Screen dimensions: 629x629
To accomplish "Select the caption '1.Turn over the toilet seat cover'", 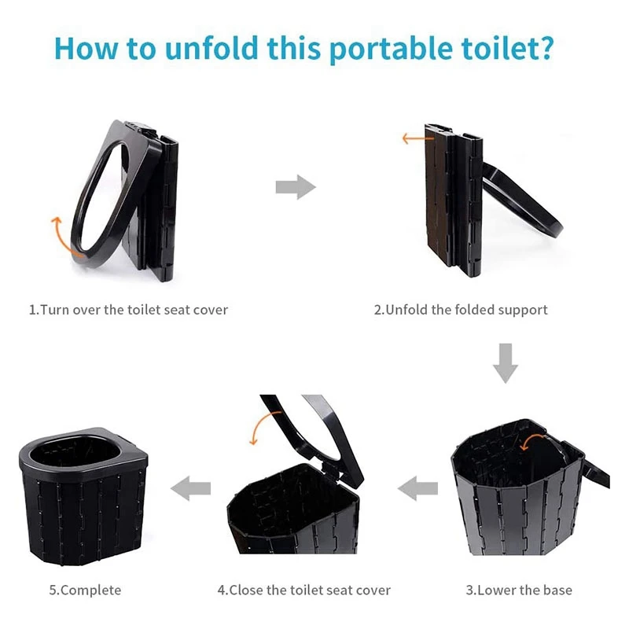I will click(x=128, y=310).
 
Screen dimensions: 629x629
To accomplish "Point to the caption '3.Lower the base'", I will click(x=519, y=590).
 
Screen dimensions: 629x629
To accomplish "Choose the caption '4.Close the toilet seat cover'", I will click(x=304, y=590).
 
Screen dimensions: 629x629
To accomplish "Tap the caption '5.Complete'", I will click(x=86, y=590).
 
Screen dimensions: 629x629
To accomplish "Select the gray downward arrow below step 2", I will click(x=505, y=362).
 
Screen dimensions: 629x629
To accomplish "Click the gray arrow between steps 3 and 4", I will click(x=417, y=489).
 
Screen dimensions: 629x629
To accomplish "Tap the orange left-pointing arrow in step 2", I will click(x=412, y=139).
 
